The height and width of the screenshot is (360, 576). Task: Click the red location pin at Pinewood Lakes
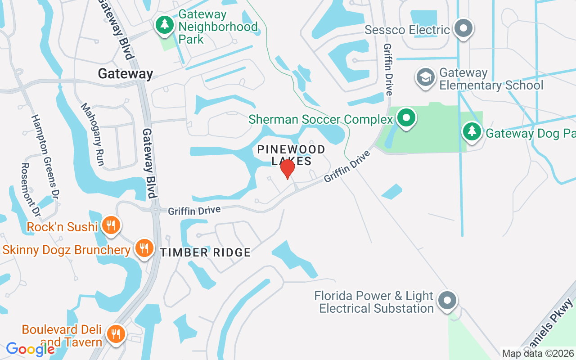pyautogui.click(x=287, y=169)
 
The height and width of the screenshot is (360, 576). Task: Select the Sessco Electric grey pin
pyautogui.click(x=463, y=29)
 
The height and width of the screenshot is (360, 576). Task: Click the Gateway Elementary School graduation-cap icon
pyautogui.click(x=425, y=77)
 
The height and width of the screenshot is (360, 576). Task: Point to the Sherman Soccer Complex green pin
pyautogui.click(x=407, y=118)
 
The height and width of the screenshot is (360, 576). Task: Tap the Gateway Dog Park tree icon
pyautogui.click(x=472, y=132)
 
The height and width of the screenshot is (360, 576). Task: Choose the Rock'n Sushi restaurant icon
pyautogui.click(x=110, y=225)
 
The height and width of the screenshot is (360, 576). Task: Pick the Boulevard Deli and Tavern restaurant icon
pyautogui.click(x=116, y=334)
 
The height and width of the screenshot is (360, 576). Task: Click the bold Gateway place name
pyautogui.click(x=126, y=74)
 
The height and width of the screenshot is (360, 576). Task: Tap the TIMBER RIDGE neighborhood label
pyautogui.click(x=205, y=252)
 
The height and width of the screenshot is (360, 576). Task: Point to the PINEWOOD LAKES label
pyautogui.click(x=291, y=155)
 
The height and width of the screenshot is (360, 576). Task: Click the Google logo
pyautogui.click(x=30, y=349)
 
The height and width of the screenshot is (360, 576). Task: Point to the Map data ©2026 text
pyautogui.click(x=538, y=353)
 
